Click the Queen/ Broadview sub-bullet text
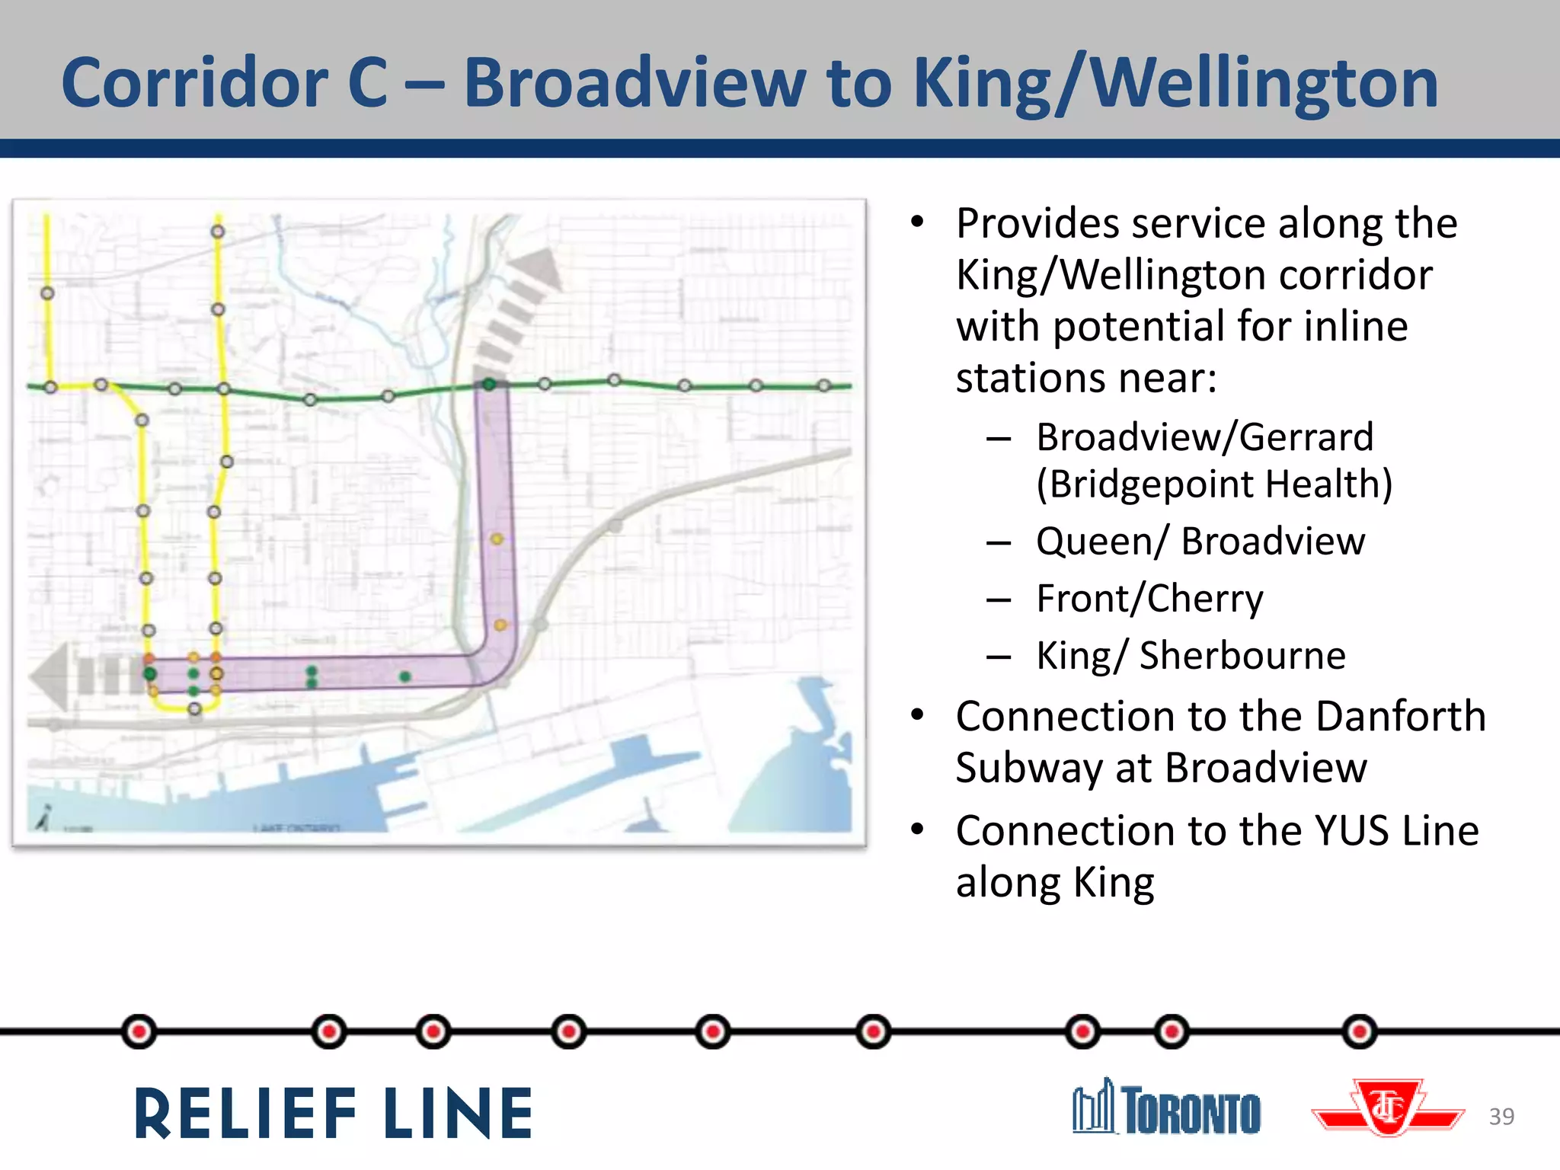click(1200, 542)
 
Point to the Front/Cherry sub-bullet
click(1149, 599)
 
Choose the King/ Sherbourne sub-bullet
click(1191, 657)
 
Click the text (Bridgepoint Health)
click(1214, 484)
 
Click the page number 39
click(1501, 1117)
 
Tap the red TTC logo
click(1388, 1108)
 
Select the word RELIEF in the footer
click(245, 1114)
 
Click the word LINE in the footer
click(458, 1114)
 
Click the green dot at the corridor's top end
click(489, 384)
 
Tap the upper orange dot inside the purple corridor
click(497, 539)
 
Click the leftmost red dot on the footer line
click(139, 1032)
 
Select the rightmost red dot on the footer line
click(1360, 1032)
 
